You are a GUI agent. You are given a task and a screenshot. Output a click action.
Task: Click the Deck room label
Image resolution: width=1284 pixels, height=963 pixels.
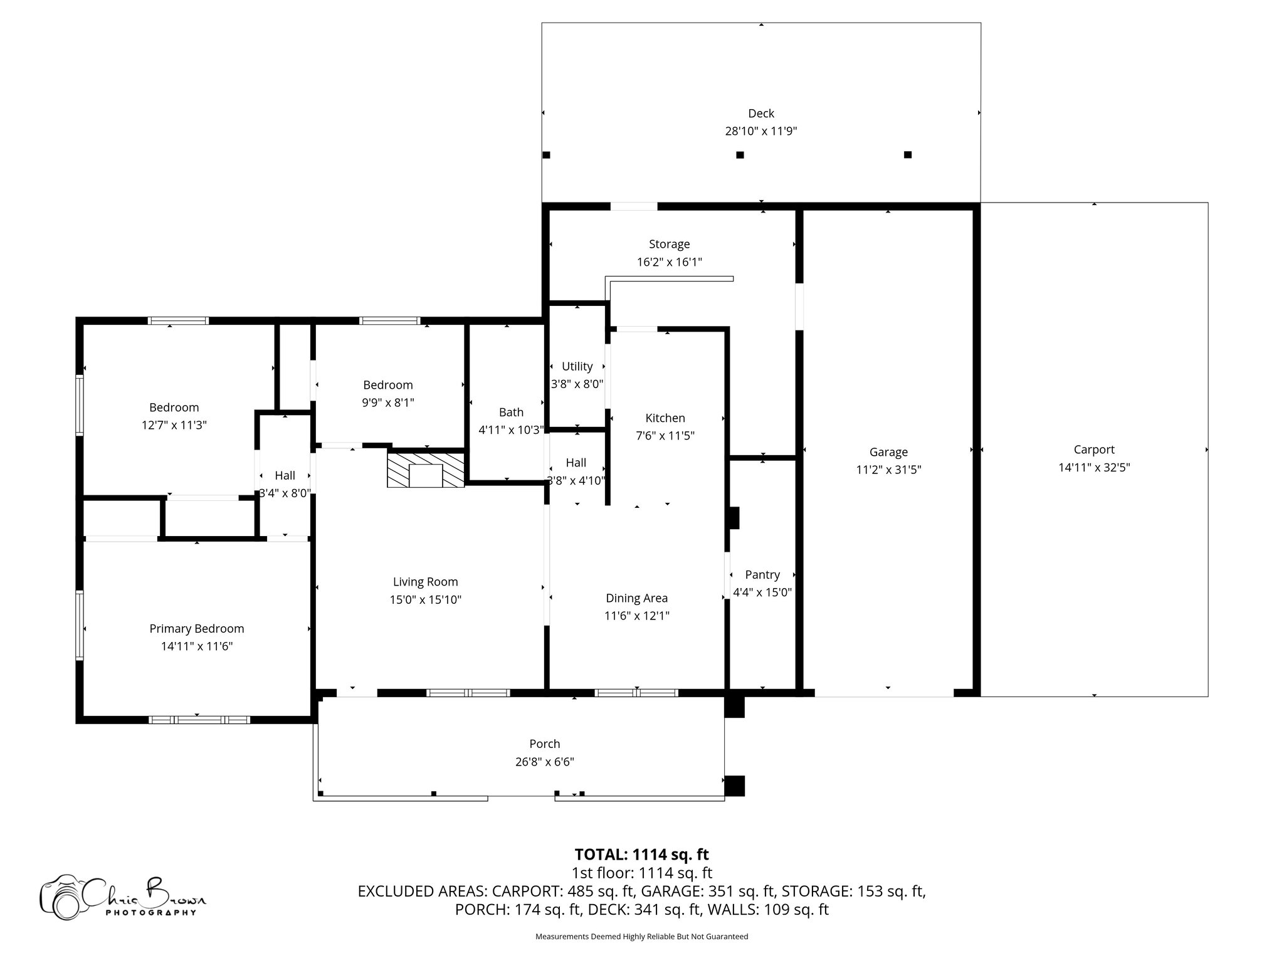(760, 113)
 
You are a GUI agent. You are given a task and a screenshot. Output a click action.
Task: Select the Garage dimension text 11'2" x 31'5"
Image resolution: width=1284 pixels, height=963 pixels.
(888, 470)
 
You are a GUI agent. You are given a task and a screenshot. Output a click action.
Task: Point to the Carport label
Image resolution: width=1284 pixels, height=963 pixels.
(1093, 450)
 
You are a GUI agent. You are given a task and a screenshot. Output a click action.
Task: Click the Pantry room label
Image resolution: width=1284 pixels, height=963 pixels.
(762, 574)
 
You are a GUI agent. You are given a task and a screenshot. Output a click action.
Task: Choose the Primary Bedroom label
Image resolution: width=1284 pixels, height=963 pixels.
(196, 628)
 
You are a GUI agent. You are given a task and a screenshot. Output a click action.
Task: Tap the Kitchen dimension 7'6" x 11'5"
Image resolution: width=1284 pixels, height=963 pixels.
(665, 436)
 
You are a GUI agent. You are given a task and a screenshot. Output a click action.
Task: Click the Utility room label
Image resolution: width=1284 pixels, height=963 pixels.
(577, 366)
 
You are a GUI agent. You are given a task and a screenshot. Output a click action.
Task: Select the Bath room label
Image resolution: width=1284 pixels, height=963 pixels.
(511, 412)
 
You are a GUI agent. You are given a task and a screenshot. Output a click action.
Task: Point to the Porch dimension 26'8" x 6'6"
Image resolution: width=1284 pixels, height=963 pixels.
(544, 762)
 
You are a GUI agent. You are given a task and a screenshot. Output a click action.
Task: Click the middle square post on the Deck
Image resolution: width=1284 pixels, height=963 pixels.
(740, 155)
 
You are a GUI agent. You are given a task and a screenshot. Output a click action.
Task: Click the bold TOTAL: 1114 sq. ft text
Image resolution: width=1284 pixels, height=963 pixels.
(641, 855)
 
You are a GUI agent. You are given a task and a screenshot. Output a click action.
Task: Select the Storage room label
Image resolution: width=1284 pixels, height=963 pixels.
(669, 244)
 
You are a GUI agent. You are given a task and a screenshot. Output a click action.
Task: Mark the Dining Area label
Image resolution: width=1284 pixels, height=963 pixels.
(636, 598)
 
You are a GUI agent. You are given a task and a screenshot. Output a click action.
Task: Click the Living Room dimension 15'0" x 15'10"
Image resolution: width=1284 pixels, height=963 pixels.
(425, 599)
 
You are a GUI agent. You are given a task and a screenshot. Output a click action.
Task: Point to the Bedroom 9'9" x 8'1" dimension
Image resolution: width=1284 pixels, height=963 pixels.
(387, 403)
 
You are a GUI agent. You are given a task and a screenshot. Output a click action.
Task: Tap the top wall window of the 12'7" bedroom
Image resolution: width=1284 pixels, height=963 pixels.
(178, 321)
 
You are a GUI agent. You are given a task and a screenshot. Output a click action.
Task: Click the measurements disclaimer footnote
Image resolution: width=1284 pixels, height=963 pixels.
(641, 937)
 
